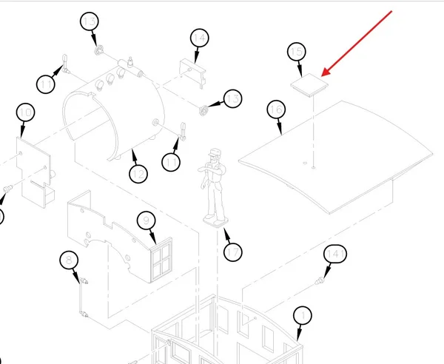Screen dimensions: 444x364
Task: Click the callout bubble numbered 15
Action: click(x=297, y=52)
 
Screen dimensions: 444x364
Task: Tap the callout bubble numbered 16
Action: click(x=276, y=109)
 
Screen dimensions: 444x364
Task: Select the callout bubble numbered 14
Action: click(x=200, y=38)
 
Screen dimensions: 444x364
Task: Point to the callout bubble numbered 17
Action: click(x=233, y=252)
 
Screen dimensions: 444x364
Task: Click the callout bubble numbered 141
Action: click(x=335, y=254)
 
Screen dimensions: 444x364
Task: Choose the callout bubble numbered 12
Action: click(x=138, y=174)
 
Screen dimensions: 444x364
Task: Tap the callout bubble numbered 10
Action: click(x=25, y=112)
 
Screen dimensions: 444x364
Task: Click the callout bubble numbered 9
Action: click(x=146, y=220)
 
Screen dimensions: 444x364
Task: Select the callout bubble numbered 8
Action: click(x=69, y=260)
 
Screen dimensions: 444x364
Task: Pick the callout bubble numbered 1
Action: click(x=303, y=315)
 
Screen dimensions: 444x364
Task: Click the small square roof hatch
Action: click(x=309, y=84)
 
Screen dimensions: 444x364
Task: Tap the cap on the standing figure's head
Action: click(x=215, y=152)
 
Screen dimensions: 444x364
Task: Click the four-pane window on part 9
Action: click(x=161, y=260)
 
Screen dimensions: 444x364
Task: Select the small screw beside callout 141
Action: click(x=319, y=281)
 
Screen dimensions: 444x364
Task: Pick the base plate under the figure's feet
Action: click(x=215, y=221)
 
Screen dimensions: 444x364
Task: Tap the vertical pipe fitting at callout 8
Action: click(x=83, y=297)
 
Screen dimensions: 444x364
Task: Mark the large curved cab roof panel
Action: click(x=335, y=158)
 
